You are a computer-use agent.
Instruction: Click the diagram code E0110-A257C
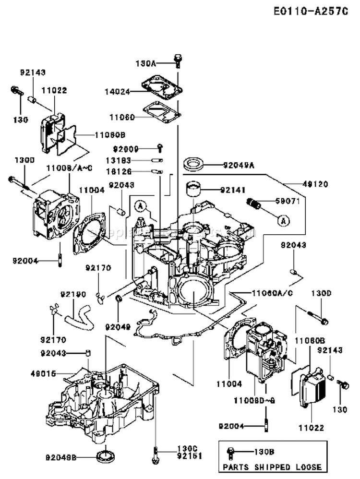[311, 12]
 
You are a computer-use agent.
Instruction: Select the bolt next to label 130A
[178, 61]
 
